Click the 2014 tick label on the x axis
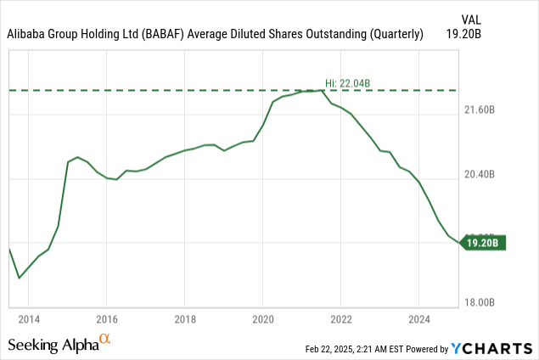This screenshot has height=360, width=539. tap(28, 321)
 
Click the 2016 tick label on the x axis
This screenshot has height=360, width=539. tap(106, 321)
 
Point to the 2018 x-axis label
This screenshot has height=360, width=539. tap(184, 321)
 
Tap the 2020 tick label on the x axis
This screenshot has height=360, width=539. tap(262, 321)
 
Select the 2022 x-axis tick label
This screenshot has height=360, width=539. tap(340, 321)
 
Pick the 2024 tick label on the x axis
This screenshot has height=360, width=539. tap(418, 321)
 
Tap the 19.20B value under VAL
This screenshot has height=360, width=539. tap(489, 35)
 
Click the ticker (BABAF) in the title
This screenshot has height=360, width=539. tap(186, 35)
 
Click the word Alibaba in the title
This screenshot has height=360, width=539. tap(29, 35)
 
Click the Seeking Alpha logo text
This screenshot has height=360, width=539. tap(53, 345)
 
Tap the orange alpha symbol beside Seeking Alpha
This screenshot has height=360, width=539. tap(105, 340)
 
